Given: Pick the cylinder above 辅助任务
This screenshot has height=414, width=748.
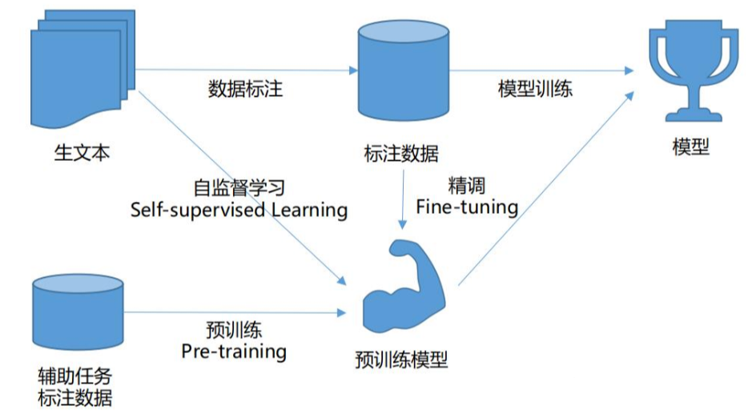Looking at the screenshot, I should [78, 312].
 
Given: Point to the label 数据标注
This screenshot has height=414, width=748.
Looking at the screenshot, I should [245, 89].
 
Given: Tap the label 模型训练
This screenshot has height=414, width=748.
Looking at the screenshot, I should [535, 89].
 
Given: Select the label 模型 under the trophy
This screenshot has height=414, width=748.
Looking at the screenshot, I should [690, 147].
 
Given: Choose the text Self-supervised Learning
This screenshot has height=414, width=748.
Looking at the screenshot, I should [239, 210].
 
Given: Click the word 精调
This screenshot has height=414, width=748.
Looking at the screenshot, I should [467, 186].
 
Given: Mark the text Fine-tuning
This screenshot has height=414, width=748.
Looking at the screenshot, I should [467, 207].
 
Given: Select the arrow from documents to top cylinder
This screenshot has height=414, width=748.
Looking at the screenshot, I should [240, 70].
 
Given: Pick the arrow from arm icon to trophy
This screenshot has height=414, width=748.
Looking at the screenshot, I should [545, 188].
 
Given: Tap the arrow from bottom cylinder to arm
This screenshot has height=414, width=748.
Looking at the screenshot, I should [232, 312].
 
